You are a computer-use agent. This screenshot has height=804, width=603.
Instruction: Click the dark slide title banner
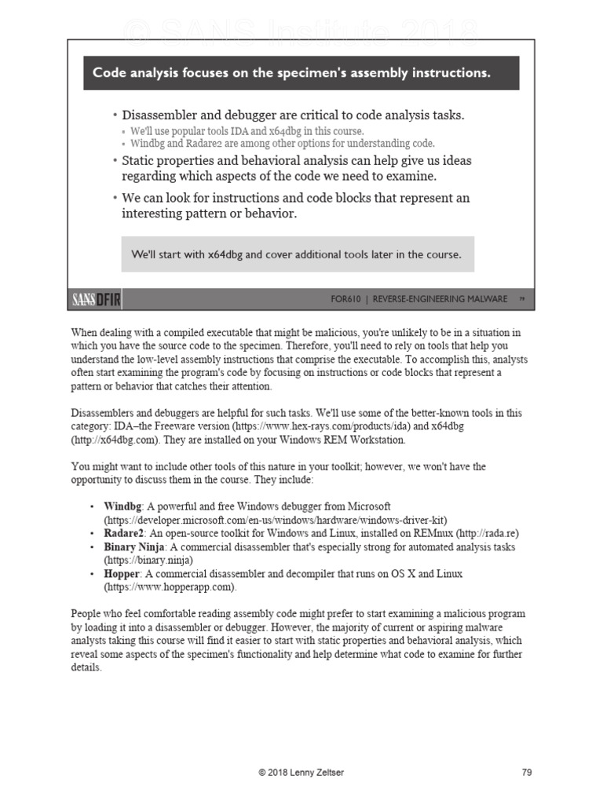[301, 73]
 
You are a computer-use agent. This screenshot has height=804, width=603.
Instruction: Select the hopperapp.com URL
[169, 587]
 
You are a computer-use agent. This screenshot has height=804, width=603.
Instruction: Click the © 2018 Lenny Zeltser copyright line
[301, 773]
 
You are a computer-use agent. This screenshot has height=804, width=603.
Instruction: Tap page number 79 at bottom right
[527, 773]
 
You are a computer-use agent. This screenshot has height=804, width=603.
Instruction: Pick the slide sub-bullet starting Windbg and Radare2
[282, 144]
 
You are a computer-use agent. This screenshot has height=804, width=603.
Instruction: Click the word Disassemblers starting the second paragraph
[102, 412]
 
